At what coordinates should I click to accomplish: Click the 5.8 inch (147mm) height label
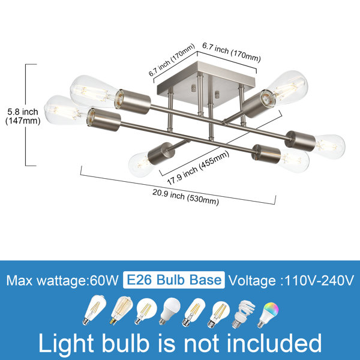(x=23, y=116)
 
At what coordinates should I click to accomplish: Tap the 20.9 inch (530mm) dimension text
(x=185, y=197)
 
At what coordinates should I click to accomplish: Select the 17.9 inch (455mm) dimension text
(x=198, y=168)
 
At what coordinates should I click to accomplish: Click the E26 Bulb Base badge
(x=174, y=280)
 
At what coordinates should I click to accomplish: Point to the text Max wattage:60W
(x=62, y=280)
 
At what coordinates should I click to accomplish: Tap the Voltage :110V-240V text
(x=291, y=280)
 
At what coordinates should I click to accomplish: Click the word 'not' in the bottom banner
(x=202, y=343)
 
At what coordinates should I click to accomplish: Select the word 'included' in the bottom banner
(x=274, y=343)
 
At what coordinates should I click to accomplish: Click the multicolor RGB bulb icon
(x=268, y=314)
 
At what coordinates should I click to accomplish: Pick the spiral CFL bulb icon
(x=244, y=314)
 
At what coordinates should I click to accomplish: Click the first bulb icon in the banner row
(x=94, y=310)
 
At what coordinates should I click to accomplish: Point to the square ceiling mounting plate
(x=206, y=83)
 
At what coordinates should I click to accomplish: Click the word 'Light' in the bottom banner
(x=66, y=343)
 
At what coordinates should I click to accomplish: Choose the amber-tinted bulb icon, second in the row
(x=121, y=310)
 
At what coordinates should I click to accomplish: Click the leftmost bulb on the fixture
(x=65, y=110)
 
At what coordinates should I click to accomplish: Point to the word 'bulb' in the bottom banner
(x=125, y=343)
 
